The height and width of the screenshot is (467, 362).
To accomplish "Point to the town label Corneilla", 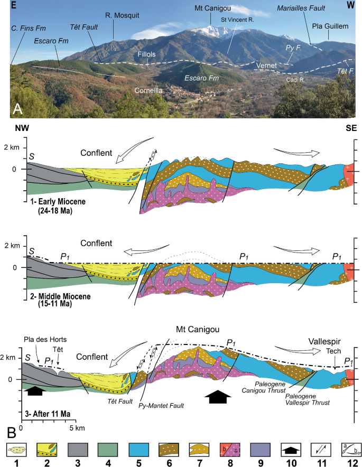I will pos(148,90).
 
